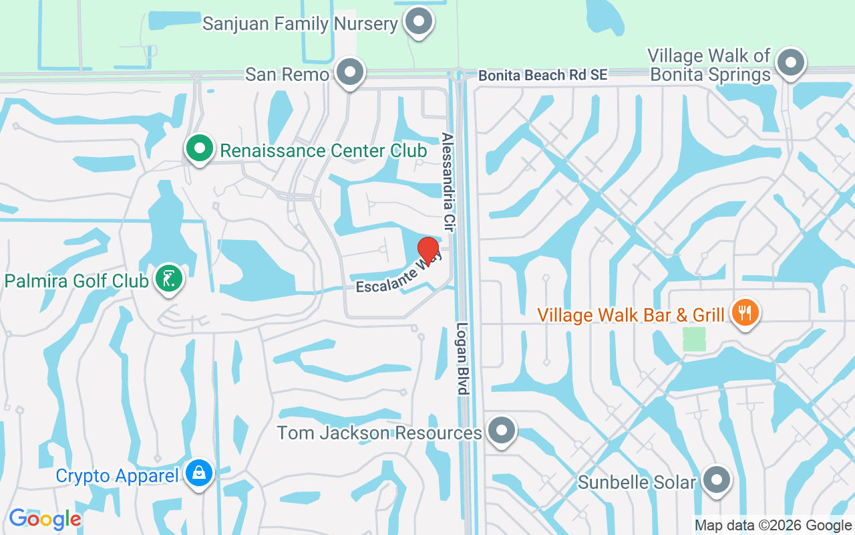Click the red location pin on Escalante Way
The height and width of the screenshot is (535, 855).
point(427,251)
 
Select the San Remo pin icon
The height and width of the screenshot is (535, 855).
point(349,72)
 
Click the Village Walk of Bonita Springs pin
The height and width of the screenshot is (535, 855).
point(792,63)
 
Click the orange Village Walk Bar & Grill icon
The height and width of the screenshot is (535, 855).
point(745,312)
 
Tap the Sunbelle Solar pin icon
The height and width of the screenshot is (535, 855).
point(717,479)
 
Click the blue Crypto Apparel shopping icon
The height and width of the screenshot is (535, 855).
point(200,474)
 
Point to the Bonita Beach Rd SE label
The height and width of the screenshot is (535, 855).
point(543,75)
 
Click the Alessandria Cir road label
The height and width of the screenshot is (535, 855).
point(448,182)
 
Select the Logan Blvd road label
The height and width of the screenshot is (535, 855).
point(463,359)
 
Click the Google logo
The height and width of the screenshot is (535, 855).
point(45,519)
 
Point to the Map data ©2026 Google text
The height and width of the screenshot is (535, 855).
point(773,526)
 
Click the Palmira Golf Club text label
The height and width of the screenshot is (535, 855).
point(77,281)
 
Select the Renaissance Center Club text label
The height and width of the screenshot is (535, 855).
point(323,150)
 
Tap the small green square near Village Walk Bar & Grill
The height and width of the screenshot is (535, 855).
point(694,338)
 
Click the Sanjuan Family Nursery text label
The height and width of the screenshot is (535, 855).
point(300,24)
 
